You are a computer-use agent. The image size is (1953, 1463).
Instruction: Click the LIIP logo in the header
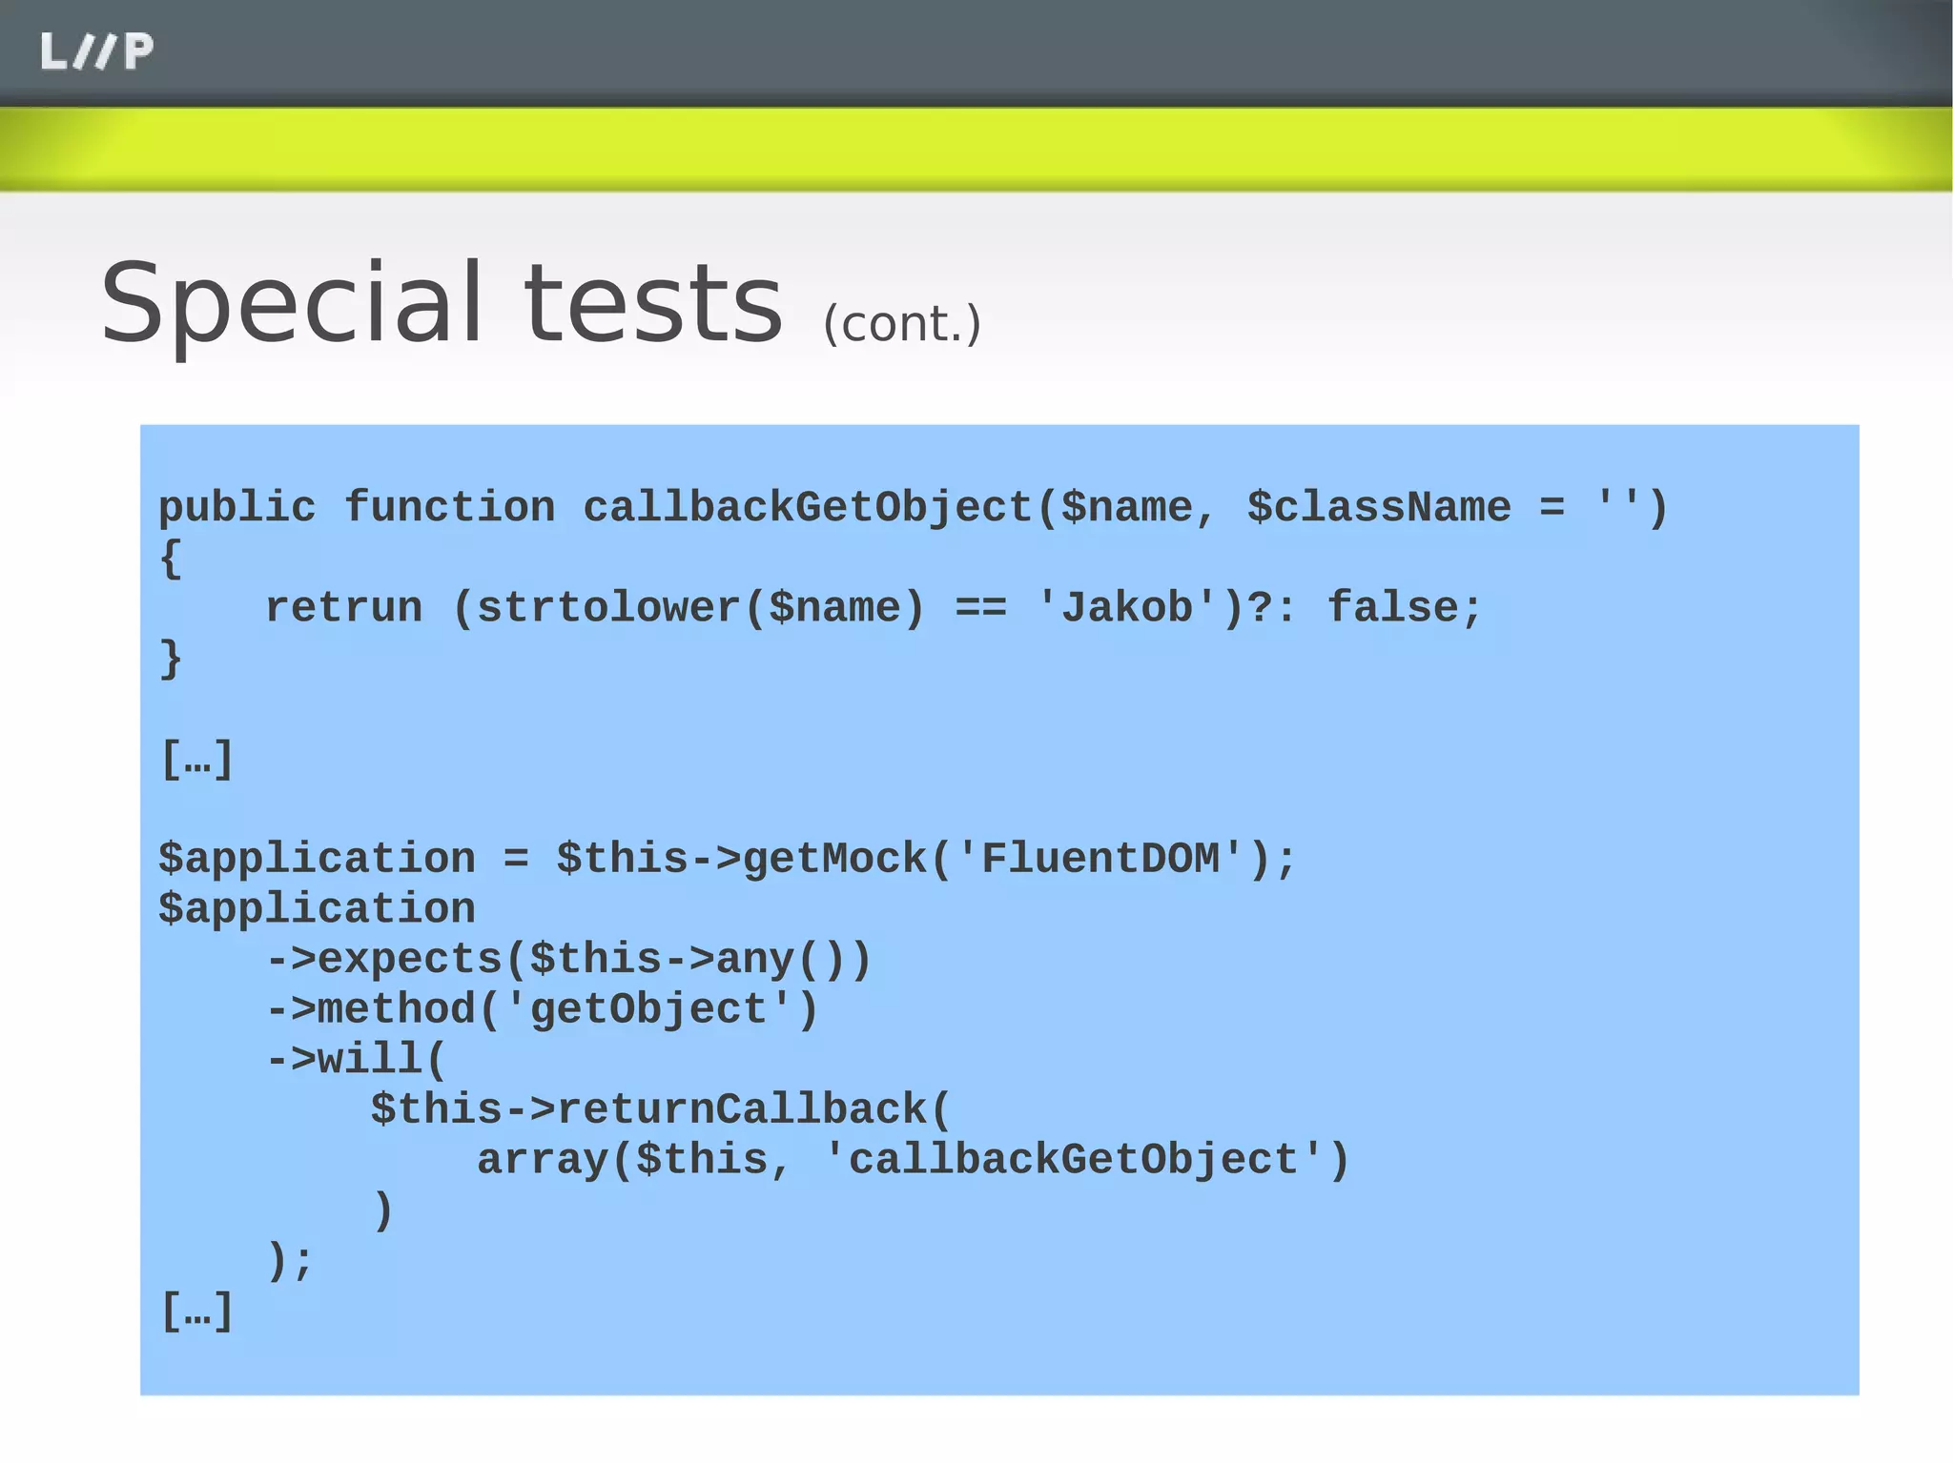coord(96,51)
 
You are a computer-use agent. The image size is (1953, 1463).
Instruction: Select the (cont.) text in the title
coord(901,324)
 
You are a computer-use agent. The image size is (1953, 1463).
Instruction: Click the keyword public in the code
coord(236,507)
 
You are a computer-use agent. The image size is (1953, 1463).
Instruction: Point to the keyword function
coord(449,507)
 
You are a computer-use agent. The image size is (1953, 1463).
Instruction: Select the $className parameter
coord(1379,507)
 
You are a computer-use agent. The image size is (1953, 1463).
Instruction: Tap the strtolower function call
coord(608,608)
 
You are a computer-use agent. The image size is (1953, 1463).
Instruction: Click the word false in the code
coord(1393,608)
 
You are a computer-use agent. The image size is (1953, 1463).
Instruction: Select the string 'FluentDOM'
coord(1100,859)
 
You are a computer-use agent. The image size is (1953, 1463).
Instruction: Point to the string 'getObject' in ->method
coord(648,1009)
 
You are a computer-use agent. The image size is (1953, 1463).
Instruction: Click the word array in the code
coord(542,1160)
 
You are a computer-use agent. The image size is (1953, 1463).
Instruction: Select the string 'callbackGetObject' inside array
coord(1073,1160)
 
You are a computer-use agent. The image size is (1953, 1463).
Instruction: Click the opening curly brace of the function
coord(171,559)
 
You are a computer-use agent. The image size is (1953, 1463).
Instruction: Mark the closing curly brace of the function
coord(171,659)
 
